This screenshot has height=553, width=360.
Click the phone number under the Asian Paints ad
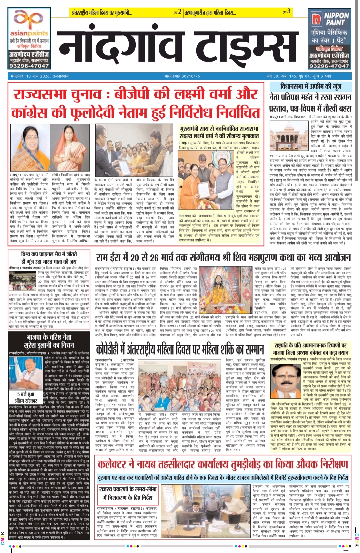tap(29, 66)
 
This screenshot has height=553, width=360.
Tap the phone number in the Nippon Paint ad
tap(329, 66)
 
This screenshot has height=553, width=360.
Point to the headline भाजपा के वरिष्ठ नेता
tap(44, 337)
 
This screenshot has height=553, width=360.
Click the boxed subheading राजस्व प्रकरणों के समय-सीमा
tap(128, 493)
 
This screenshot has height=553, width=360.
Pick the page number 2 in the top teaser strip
tap(180, 12)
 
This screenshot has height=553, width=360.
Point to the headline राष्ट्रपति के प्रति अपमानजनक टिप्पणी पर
tap(311, 345)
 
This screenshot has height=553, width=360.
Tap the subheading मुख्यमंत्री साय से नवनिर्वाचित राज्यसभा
tap(219, 132)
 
